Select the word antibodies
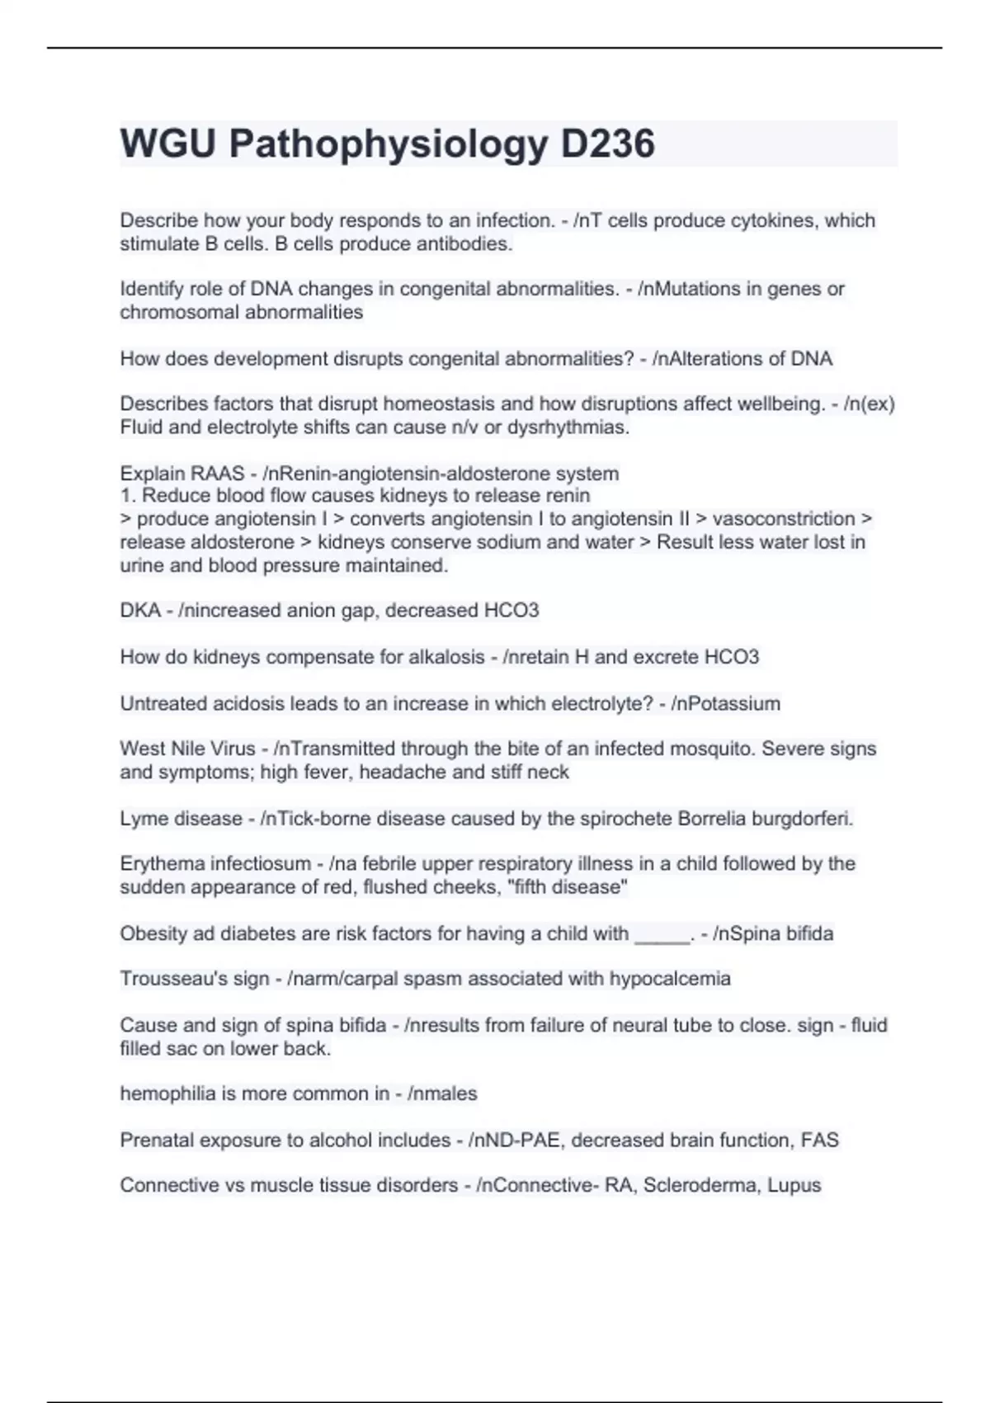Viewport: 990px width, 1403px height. (462, 244)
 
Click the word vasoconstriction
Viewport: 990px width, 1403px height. (784, 519)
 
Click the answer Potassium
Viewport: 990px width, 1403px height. (735, 704)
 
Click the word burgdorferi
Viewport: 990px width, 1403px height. (805, 819)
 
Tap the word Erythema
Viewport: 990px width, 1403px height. (162, 864)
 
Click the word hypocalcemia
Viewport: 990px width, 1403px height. (670, 980)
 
